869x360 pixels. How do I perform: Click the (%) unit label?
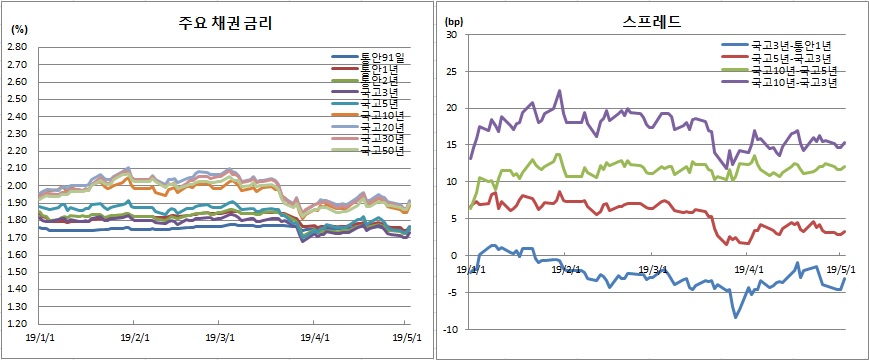coord(17,29)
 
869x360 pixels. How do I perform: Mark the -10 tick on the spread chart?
coord(448,329)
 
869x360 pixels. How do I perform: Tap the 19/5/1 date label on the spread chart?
coord(837,269)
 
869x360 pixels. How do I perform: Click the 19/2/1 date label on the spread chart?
coord(564,269)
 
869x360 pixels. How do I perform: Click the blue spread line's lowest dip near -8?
coord(735,317)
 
